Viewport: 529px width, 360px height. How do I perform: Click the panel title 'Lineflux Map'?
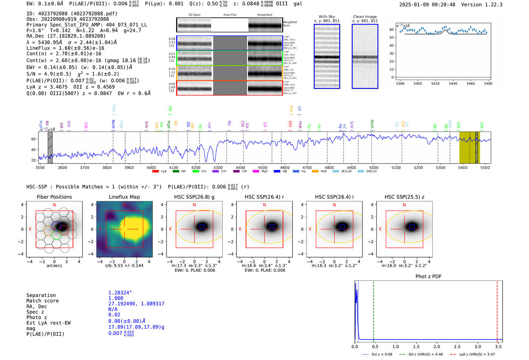click(124, 197)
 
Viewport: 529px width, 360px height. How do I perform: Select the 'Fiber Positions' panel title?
click(54, 197)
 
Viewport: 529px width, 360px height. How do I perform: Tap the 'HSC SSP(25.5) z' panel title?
click(404, 197)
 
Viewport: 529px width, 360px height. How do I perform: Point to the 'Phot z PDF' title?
click(428, 277)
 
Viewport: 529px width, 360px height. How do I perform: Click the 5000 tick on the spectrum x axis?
click(374, 168)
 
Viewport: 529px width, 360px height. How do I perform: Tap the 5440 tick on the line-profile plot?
click(453, 83)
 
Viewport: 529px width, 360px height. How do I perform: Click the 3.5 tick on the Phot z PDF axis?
click(498, 346)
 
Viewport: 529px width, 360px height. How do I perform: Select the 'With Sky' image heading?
click(327, 17)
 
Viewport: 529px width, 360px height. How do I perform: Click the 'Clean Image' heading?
click(365, 17)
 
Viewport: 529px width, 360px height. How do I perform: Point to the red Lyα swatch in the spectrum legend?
click(155, 172)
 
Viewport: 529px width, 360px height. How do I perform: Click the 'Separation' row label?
click(41, 295)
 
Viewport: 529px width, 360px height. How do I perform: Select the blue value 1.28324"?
click(120, 293)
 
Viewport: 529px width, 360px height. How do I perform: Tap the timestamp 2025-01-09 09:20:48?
click(427, 5)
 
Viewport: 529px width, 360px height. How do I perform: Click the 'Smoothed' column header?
click(264, 15)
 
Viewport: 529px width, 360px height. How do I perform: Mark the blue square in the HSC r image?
click(272, 226)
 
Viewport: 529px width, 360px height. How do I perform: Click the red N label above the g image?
click(194, 205)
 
